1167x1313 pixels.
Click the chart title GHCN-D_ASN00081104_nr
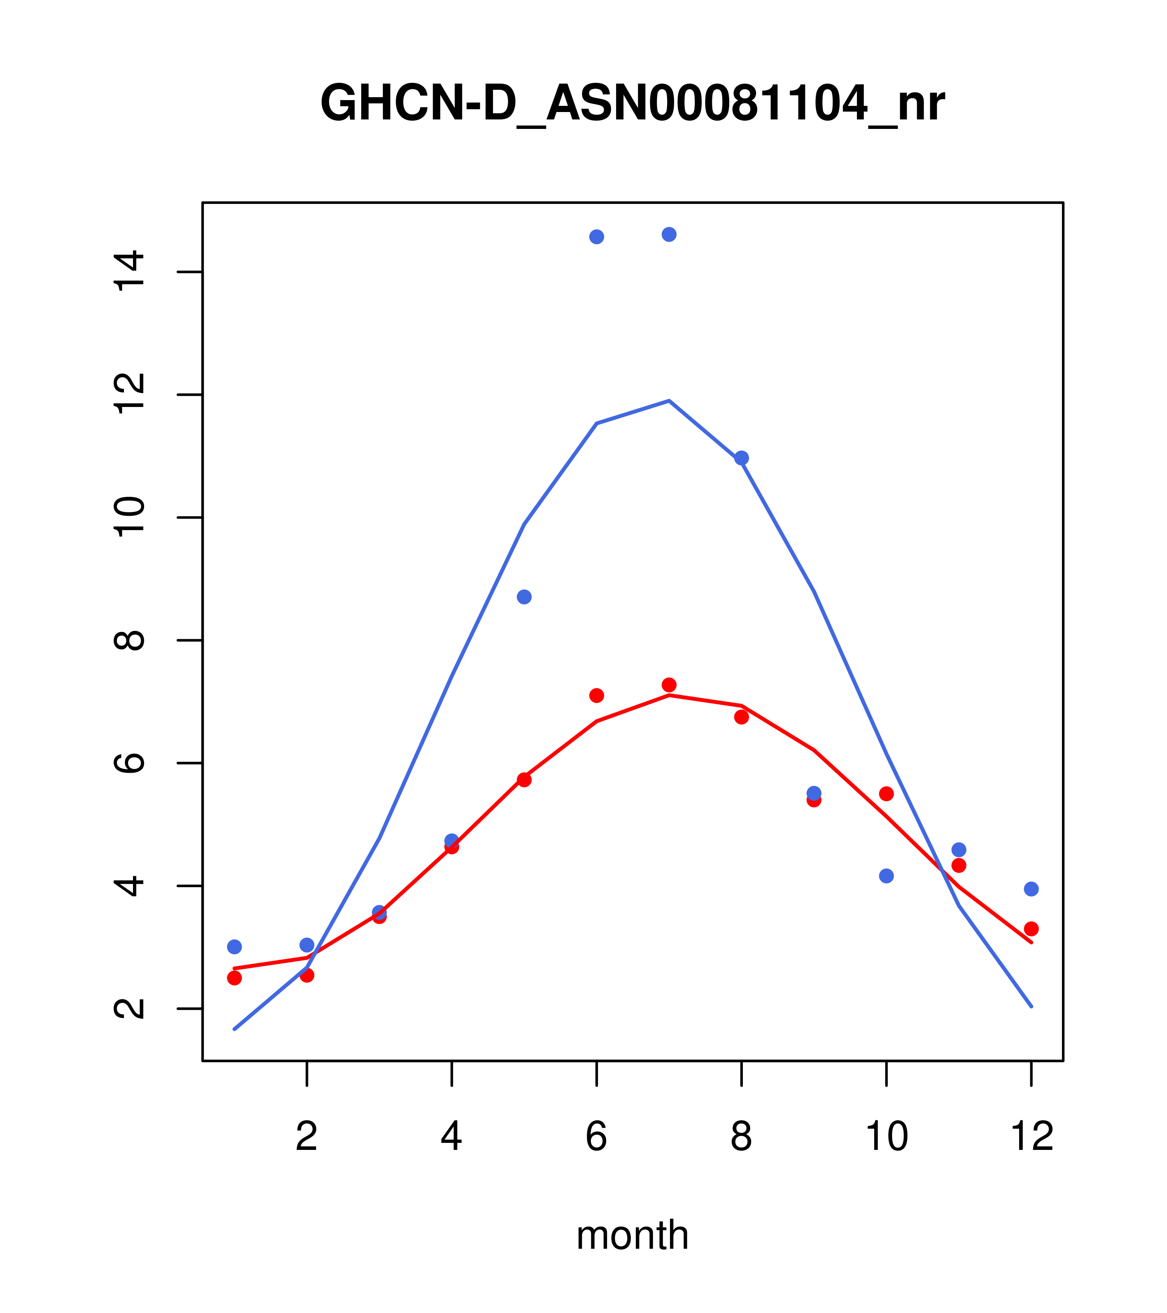[x=632, y=103]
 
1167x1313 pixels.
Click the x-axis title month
[x=632, y=1235]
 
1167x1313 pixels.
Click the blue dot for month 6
[x=597, y=237]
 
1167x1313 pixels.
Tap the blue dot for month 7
[x=669, y=234]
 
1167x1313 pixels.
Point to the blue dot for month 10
[x=886, y=876]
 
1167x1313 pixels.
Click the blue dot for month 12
[x=1032, y=889]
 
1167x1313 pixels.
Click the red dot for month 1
[x=234, y=978]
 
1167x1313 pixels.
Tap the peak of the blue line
[x=669, y=401]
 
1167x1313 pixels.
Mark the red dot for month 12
[x=1032, y=928]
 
